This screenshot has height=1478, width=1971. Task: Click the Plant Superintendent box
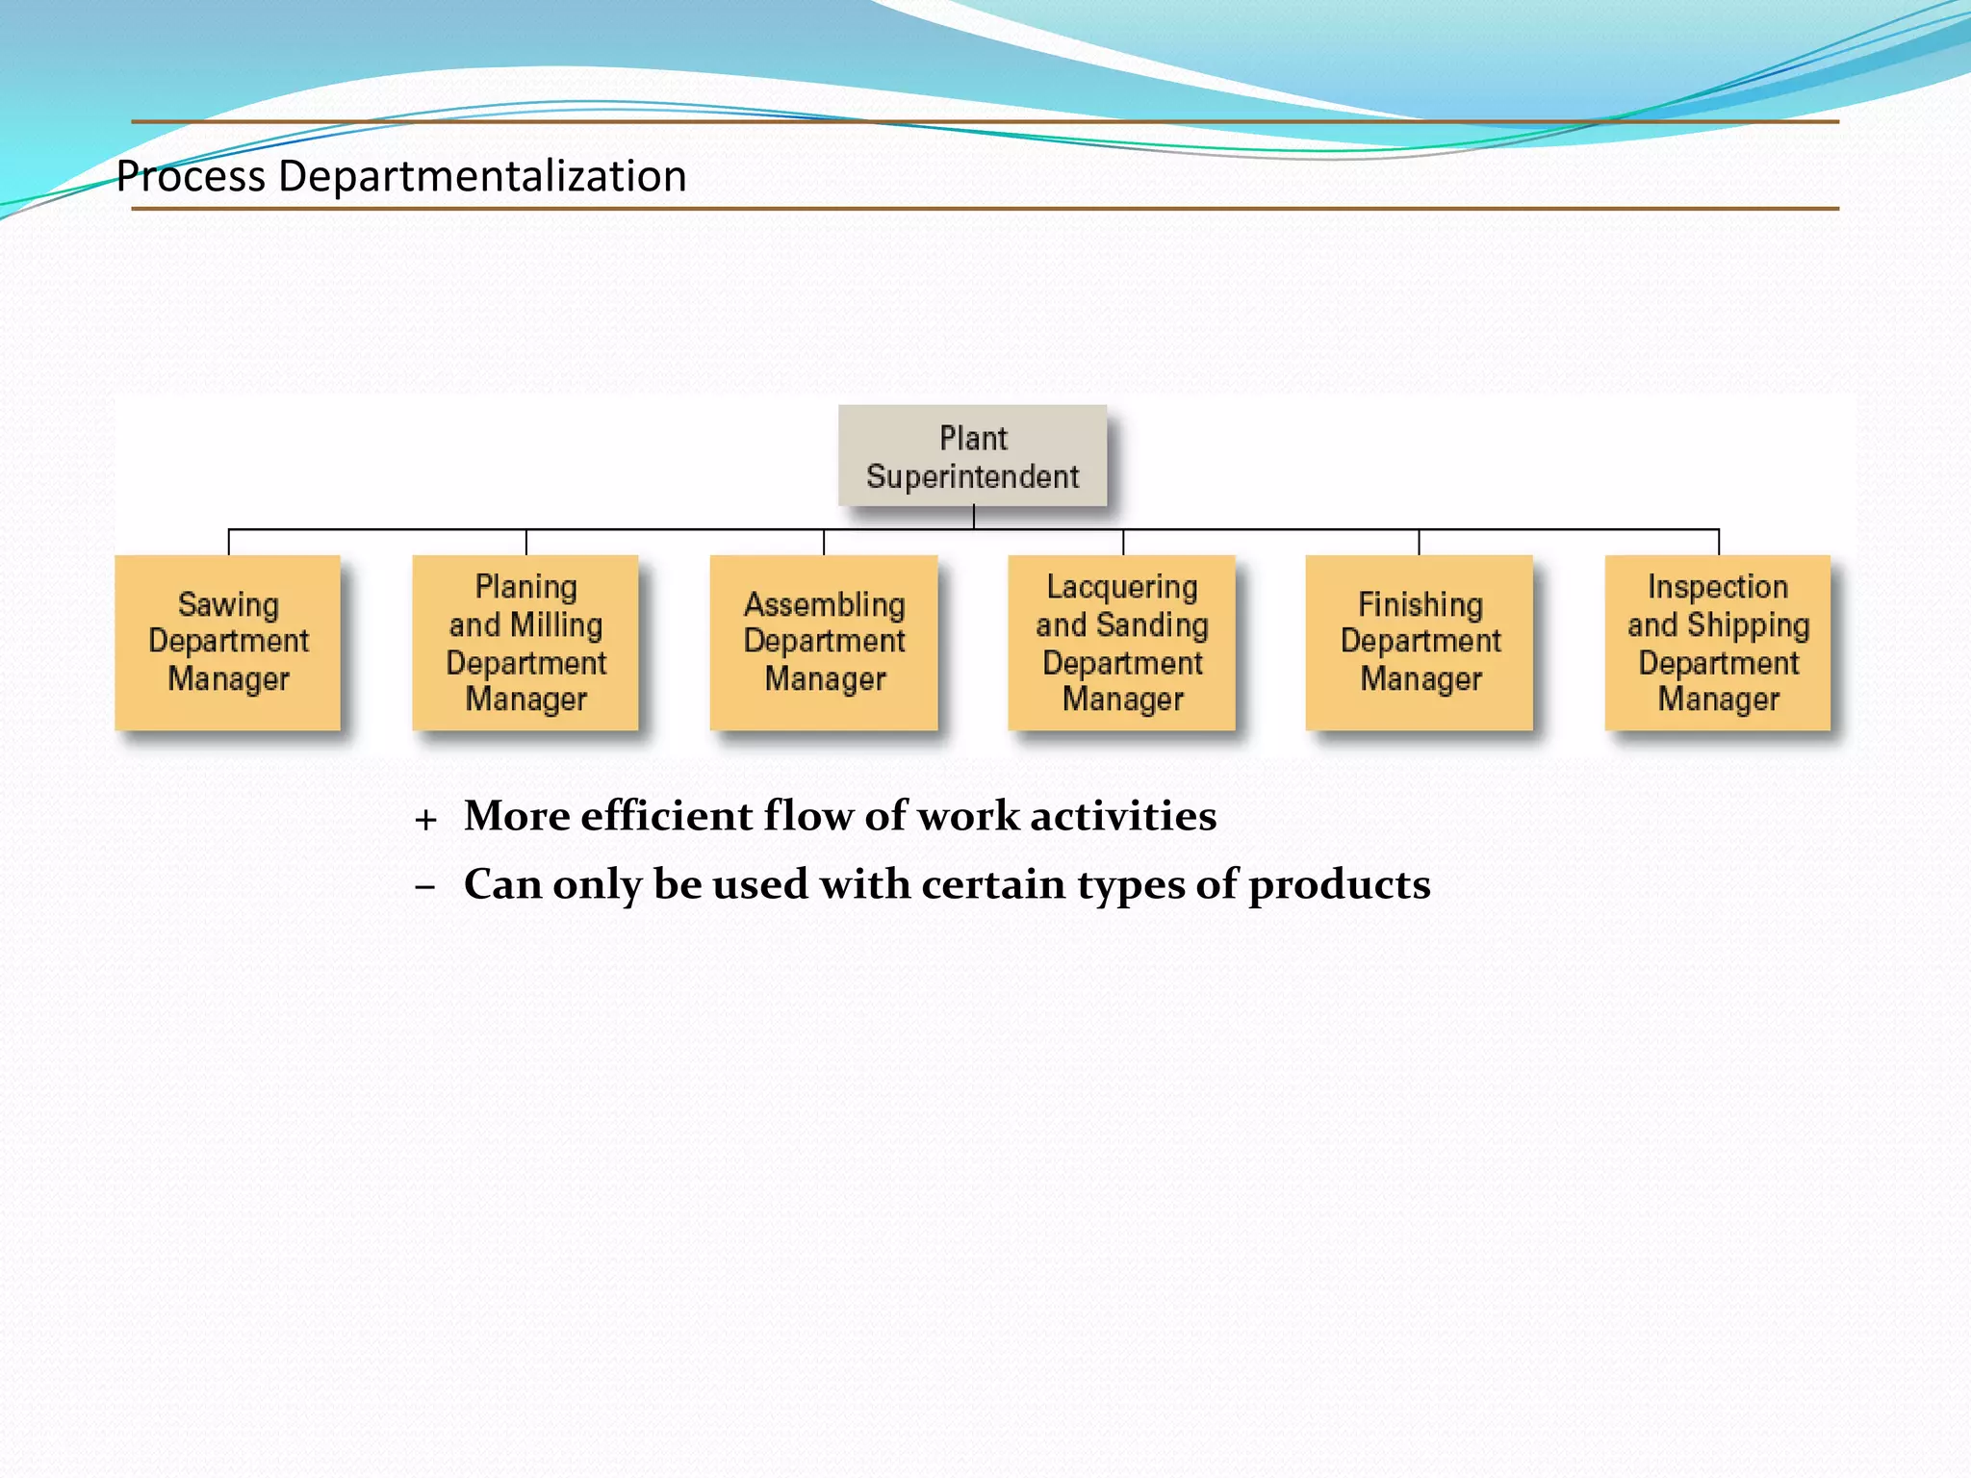(x=972, y=455)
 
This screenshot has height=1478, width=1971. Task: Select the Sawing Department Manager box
(x=228, y=642)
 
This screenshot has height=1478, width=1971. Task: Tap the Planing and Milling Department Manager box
(x=525, y=642)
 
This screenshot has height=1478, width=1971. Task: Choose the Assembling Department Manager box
(x=824, y=642)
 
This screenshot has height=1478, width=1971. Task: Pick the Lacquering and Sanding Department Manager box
(x=1122, y=642)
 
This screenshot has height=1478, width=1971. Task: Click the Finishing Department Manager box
(x=1420, y=642)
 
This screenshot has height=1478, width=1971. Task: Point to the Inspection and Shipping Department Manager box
(x=1718, y=642)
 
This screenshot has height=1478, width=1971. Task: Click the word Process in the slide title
(x=191, y=177)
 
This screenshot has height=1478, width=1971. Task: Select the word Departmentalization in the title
(x=482, y=177)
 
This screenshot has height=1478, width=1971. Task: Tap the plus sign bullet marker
(x=425, y=820)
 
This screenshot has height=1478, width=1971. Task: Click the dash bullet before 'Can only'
(x=425, y=886)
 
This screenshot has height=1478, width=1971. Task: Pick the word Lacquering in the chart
(x=1122, y=587)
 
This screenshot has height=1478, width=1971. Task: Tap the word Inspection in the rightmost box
(x=1718, y=587)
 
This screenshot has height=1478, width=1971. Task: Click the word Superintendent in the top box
(x=972, y=476)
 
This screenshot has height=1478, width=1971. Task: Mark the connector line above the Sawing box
(x=229, y=541)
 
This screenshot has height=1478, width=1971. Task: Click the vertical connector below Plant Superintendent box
(x=974, y=518)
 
